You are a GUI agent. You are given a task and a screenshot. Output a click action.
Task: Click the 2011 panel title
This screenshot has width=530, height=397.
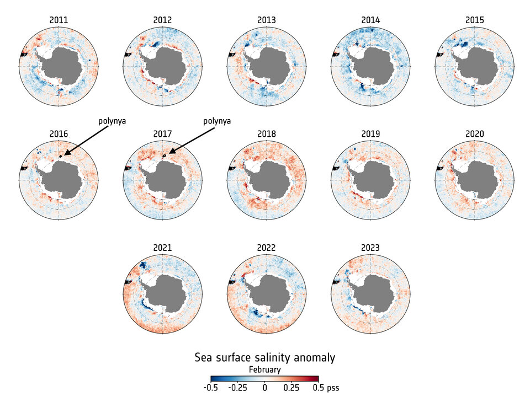click(59, 20)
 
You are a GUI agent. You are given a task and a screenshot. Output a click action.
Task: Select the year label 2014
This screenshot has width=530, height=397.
click(371, 20)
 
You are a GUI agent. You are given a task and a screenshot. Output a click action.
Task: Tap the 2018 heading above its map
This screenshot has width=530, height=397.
click(267, 134)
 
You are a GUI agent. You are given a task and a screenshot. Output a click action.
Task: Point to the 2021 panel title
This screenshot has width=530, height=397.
click(162, 248)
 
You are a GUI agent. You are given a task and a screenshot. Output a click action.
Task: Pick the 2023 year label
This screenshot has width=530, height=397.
click(371, 248)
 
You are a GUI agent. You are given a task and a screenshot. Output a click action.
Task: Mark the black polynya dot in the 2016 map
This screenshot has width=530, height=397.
click(60, 157)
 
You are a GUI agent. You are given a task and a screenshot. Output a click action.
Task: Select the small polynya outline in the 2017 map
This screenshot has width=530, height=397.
click(165, 157)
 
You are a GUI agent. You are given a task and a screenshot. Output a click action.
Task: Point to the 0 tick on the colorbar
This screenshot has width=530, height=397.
click(264, 388)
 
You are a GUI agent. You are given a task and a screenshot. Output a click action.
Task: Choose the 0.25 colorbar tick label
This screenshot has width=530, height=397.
click(291, 388)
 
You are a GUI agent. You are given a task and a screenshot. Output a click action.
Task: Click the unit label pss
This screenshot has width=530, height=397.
click(332, 388)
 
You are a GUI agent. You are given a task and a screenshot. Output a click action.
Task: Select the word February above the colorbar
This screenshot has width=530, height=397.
click(264, 370)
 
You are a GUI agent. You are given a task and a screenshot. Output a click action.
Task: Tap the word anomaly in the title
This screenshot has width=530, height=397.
click(314, 358)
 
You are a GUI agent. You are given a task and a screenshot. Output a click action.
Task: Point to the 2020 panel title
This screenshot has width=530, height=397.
click(475, 134)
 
